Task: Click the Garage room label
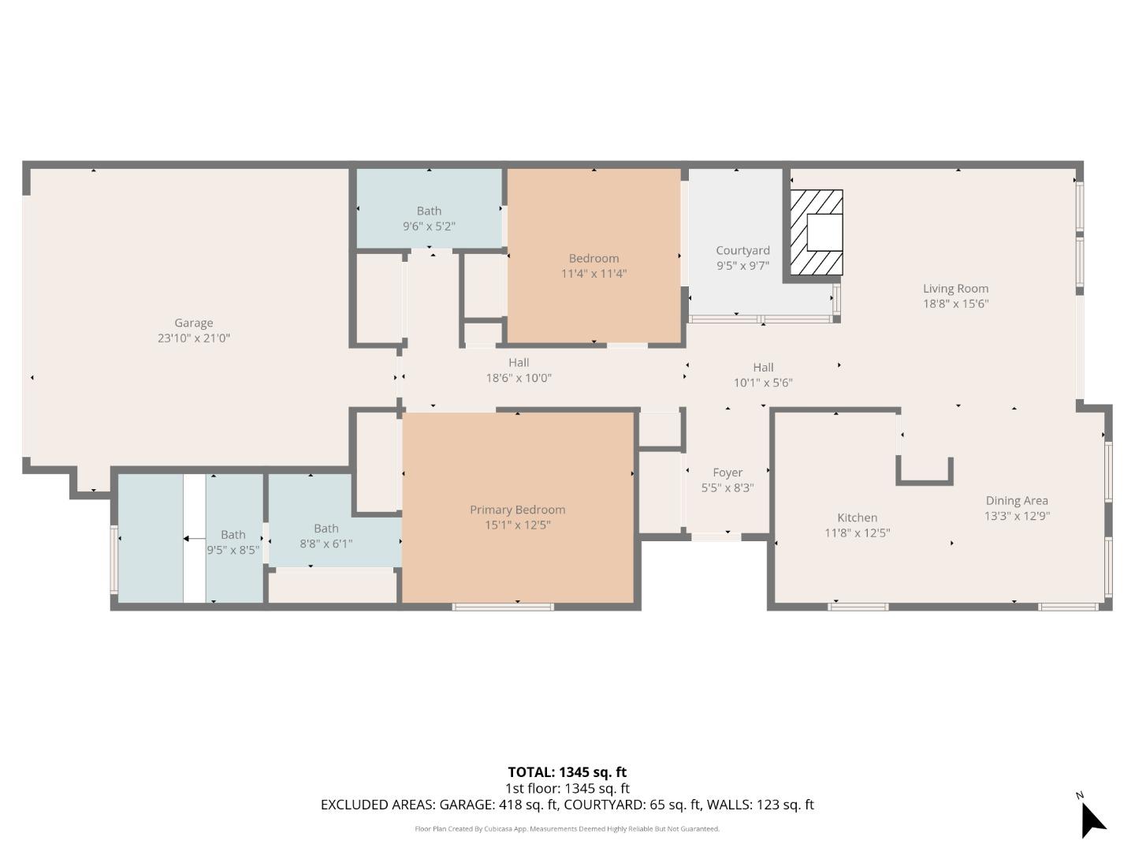[x=193, y=323]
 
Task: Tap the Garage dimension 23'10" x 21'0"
[x=193, y=338]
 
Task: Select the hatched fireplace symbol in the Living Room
[x=817, y=233]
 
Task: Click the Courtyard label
[x=742, y=251]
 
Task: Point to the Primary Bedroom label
[x=517, y=510]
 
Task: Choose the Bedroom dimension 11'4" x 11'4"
[x=594, y=274]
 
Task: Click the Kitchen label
[x=857, y=518]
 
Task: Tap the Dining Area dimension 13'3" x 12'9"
[x=1017, y=516]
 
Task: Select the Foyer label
[x=727, y=473]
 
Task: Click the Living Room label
[x=955, y=289]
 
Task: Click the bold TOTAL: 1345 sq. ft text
[x=567, y=772]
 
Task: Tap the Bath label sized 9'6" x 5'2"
[x=429, y=211]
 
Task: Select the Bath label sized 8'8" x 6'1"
[x=326, y=529]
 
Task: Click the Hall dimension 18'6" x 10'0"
[x=518, y=378]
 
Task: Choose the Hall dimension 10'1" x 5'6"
[x=762, y=383]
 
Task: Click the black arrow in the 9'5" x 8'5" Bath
[x=190, y=539]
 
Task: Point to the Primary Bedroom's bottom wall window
[x=503, y=607]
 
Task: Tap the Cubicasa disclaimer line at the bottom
[x=567, y=829]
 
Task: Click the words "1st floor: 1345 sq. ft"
[x=567, y=788]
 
